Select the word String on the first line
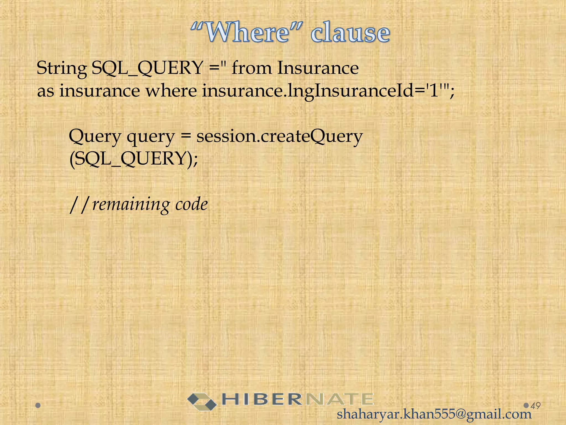point(61,68)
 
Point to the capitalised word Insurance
point(318,68)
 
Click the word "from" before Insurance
point(251,68)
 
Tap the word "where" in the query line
point(171,91)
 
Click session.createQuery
point(279,136)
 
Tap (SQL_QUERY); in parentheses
point(133,159)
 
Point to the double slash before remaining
point(79,205)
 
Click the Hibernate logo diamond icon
point(202,401)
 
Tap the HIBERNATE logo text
point(297,399)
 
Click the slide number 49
point(536,406)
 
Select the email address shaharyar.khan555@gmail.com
point(434,414)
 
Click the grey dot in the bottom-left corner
point(38,406)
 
